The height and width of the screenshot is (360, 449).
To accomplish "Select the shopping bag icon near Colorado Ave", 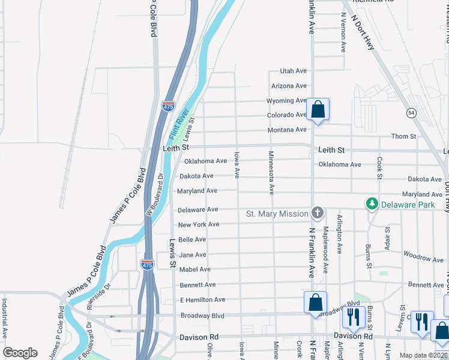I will coord(318,110).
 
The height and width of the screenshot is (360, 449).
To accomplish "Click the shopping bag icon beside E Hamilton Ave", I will coord(315,304).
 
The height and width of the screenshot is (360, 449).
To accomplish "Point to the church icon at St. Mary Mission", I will coord(317,213).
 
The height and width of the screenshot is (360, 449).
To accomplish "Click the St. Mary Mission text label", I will coord(277,214).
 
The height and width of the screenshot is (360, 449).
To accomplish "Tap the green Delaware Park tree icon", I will coord(372,205).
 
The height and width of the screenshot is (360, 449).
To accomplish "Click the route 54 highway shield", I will coord(411,113).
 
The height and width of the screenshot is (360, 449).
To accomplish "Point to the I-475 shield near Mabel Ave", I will coord(147,263).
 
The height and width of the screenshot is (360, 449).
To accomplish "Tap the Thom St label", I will coord(403,137).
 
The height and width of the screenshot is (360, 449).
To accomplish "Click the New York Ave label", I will coord(198,224).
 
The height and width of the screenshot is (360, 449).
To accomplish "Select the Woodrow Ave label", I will coord(424,259).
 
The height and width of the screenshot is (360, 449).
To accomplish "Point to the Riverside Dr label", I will coord(98,297).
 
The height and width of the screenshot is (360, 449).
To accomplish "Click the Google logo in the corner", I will coord(20,353).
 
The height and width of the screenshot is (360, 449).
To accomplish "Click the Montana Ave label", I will coord(287,130).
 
